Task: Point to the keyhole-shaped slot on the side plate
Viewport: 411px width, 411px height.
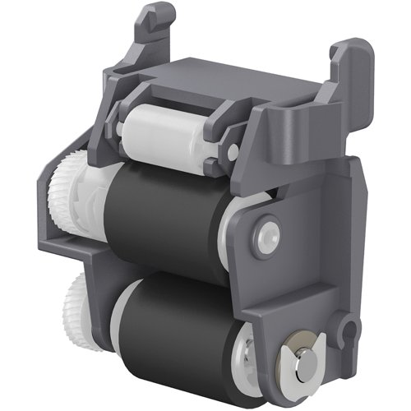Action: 346,336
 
